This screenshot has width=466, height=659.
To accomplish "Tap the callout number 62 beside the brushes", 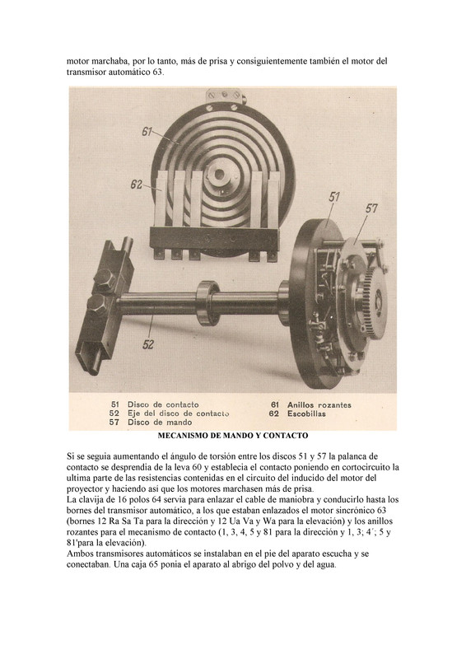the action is [137, 184].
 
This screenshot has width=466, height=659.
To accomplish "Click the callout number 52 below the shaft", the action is [148, 344].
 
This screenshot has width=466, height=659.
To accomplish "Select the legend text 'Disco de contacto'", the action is [163, 404].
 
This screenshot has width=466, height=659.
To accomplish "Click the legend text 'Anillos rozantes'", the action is [320, 404].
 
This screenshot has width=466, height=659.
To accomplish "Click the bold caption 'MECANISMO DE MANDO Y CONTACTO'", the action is [232, 435].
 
